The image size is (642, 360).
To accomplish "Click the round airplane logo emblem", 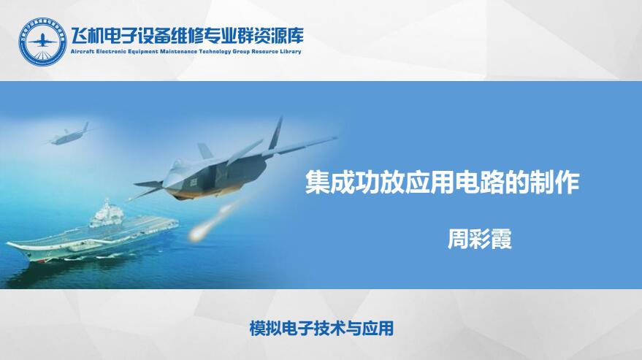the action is click(x=42, y=42).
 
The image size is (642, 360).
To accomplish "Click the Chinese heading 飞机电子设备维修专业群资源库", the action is click(x=188, y=37).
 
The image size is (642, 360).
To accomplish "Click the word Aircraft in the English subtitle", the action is click(x=82, y=52).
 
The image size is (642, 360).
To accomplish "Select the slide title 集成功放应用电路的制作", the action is click(x=442, y=183).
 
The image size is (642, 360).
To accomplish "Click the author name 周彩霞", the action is click(x=479, y=239).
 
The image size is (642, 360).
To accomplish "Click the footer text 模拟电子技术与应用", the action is click(x=321, y=329).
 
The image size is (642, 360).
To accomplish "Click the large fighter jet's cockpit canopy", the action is click(x=177, y=164).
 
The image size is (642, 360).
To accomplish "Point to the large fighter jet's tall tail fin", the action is click(x=276, y=133).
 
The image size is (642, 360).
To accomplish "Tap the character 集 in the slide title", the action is click(x=317, y=183).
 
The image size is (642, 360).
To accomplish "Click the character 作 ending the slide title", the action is click(x=567, y=183).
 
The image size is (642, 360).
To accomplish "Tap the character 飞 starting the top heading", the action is click(x=80, y=37).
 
